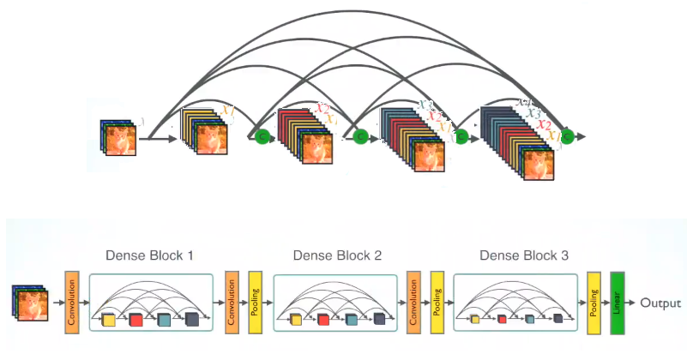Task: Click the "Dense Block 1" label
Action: tap(149, 255)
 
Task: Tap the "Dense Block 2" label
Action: tap(337, 255)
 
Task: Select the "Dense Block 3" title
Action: tap(523, 255)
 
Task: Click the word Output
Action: tap(660, 303)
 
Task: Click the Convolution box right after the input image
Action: tap(72, 303)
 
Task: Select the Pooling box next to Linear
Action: tap(594, 303)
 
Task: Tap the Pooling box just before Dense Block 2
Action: tap(255, 303)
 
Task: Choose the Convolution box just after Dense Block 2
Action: tap(414, 303)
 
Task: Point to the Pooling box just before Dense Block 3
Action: tap(437, 303)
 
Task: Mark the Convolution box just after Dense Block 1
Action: tap(231, 303)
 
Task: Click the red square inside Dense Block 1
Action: tap(136, 321)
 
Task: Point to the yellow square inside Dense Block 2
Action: tap(296, 320)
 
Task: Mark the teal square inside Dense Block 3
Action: tap(530, 319)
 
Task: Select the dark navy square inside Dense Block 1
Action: tap(191, 320)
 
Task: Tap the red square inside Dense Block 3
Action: tap(502, 319)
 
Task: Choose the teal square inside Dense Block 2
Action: tap(351, 320)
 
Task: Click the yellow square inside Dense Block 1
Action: tap(108, 321)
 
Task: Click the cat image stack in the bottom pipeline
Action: tap(31, 304)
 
